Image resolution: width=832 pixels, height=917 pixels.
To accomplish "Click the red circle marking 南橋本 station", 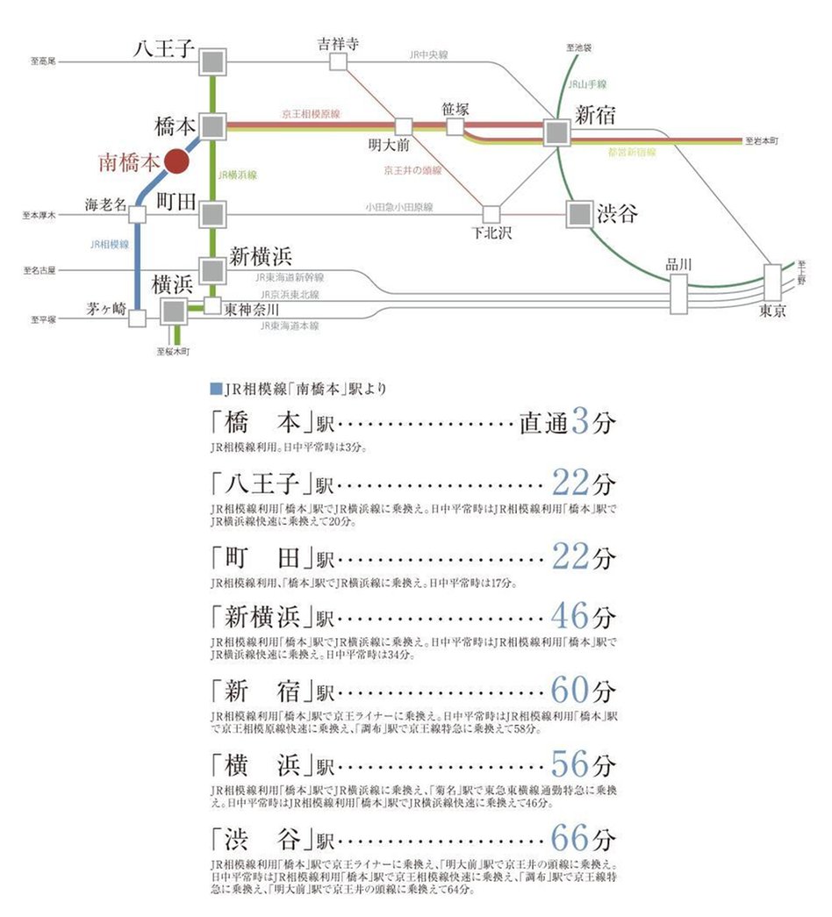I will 176,161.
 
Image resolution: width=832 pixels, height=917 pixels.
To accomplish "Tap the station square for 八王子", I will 213,61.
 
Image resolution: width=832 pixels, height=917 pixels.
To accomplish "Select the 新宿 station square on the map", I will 556,133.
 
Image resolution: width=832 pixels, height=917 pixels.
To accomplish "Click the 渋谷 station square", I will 578,214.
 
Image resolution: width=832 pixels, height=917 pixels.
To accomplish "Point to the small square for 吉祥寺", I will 337,61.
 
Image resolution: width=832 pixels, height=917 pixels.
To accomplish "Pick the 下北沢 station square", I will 491,214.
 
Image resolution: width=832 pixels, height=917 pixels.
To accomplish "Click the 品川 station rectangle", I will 678,294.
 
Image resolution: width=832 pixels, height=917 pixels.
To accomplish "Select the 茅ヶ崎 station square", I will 137,318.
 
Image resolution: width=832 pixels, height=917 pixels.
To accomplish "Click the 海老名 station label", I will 105,204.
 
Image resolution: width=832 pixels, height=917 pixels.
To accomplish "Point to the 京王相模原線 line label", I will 311,115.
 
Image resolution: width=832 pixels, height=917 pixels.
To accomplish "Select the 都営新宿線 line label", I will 632,153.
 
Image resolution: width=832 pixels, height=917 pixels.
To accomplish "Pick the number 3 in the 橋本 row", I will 580,422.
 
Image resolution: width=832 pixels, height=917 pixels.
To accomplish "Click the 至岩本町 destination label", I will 761,140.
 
